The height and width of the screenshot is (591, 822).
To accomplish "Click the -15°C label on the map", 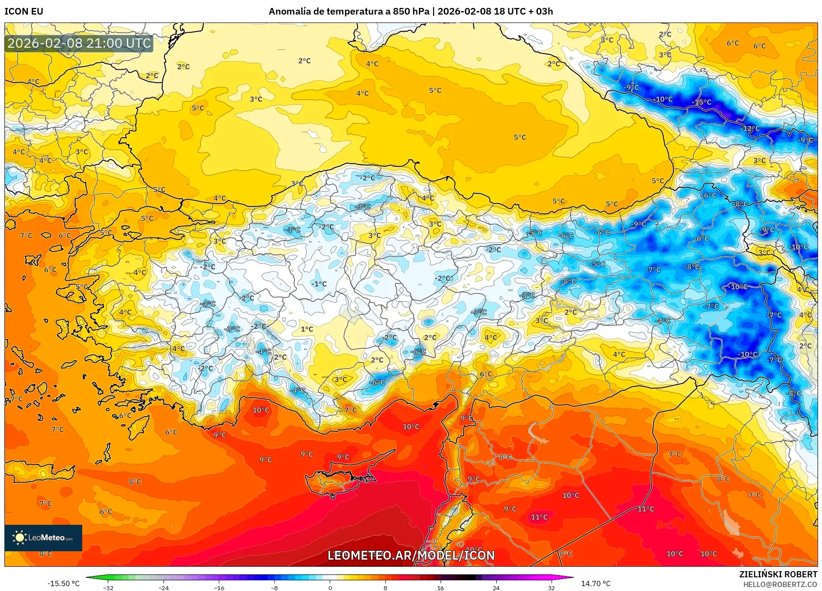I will click(701, 102).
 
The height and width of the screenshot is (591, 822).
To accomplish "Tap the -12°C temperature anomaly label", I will click(750, 129).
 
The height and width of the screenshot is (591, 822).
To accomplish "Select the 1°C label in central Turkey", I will click(307, 329).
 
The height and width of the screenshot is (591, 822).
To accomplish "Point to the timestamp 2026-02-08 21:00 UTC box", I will click(79, 43).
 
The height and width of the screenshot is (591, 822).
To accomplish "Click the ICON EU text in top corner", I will click(24, 11).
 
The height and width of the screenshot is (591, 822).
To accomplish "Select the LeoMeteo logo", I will click(43, 538).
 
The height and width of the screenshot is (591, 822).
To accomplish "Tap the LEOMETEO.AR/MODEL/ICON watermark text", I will click(411, 555).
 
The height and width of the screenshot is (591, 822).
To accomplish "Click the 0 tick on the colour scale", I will click(330, 587).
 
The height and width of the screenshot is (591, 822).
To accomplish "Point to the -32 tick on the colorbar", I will click(108, 587).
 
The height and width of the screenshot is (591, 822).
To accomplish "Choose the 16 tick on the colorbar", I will click(440, 587).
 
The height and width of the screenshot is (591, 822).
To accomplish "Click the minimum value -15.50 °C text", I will click(64, 583).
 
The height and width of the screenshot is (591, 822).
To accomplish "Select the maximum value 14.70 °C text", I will click(595, 583).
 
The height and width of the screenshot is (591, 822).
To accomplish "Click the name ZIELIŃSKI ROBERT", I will click(778, 574).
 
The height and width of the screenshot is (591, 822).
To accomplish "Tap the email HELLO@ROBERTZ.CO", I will click(780, 584).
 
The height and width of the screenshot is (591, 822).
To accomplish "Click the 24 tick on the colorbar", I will click(496, 587).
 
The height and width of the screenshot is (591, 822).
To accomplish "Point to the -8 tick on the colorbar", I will click(274, 587).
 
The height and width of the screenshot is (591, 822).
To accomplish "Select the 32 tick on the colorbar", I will click(551, 587).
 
